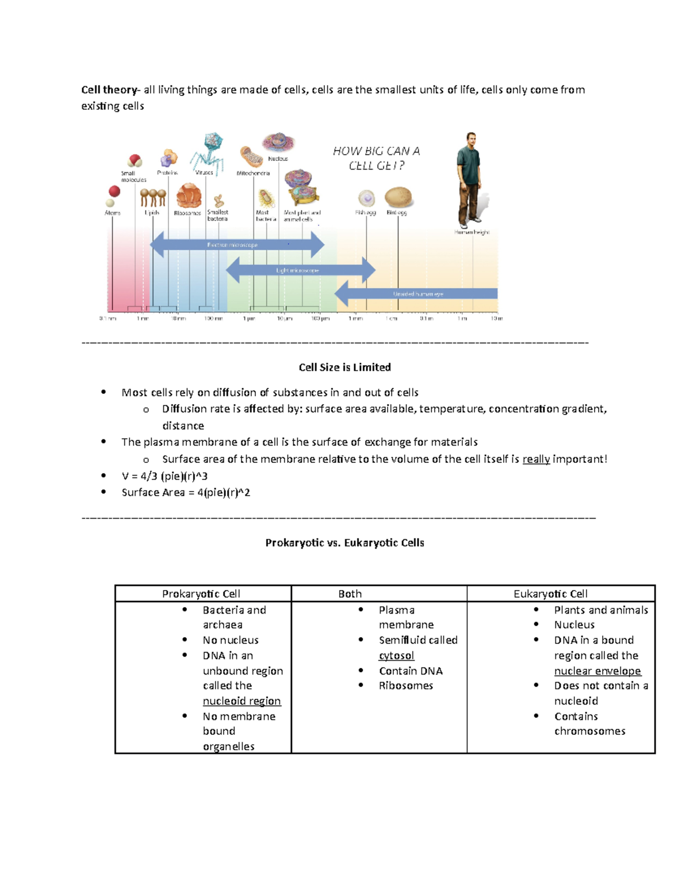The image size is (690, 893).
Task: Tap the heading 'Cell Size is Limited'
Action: (344, 367)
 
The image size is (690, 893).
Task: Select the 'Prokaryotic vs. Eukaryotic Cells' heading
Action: (344, 543)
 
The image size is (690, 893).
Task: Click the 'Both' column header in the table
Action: (350, 594)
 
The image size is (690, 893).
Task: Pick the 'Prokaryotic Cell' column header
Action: (201, 594)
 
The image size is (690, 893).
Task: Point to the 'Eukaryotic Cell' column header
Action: (550, 594)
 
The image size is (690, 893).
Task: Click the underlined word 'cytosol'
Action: (396, 656)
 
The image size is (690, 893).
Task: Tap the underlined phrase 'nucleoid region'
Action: (241, 701)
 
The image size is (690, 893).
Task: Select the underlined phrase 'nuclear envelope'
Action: (597, 671)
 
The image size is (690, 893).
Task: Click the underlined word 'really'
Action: (536, 459)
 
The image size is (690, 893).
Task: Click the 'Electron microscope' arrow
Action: (237, 245)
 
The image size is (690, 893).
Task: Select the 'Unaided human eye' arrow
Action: (416, 294)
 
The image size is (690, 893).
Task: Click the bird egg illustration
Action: (398, 197)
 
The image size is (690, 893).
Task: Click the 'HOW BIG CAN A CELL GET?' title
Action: (377, 158)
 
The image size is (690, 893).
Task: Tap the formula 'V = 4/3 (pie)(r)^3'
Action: (164, 476)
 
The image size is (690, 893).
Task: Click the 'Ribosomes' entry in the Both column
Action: (406, 685)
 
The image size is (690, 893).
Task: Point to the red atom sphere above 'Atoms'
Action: (114, 191)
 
